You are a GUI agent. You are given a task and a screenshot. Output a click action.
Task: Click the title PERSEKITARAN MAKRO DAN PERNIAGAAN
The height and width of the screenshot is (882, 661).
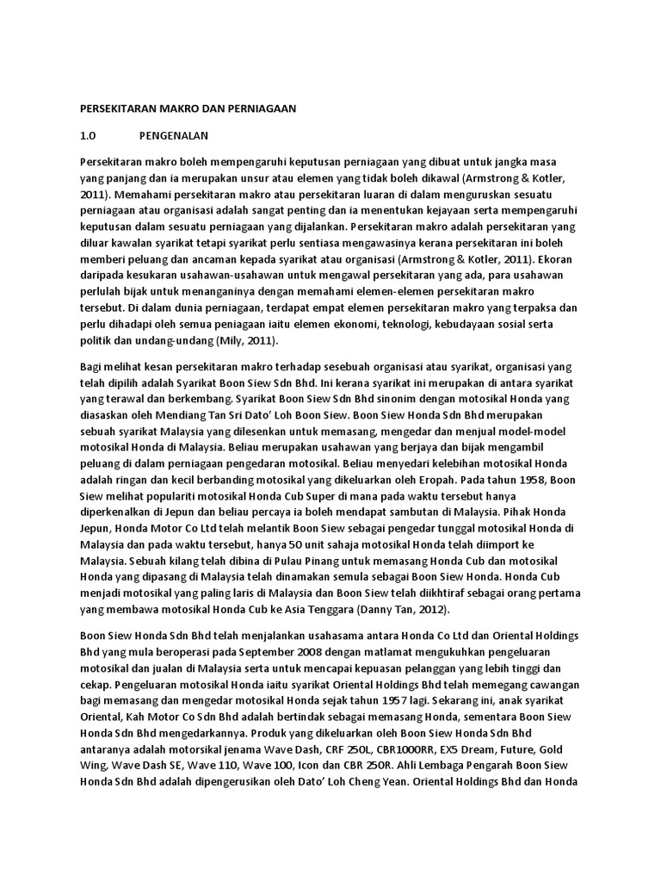coord(187,109)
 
